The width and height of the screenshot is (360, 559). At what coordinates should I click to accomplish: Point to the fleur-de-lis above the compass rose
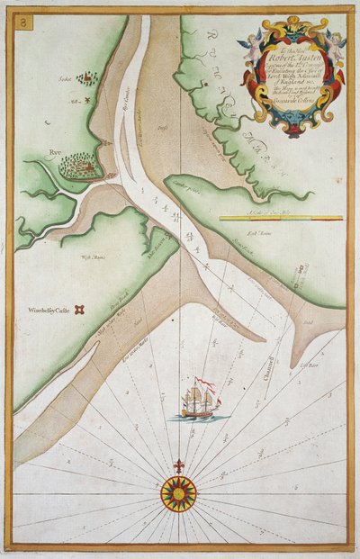tap(177, 466)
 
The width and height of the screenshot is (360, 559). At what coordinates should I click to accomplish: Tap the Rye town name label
tap(56, 152)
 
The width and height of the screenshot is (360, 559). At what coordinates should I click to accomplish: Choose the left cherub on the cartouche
tap(247, 37)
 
